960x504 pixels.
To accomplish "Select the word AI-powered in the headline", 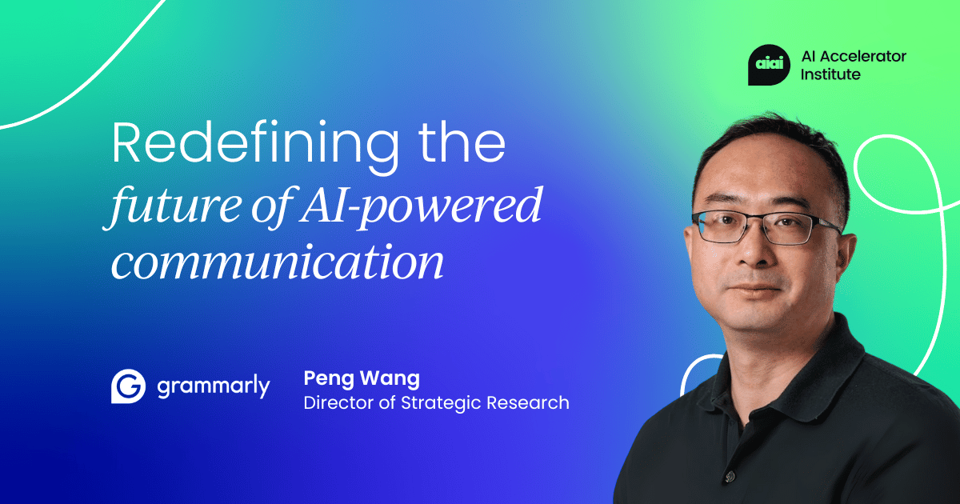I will pos(426,209).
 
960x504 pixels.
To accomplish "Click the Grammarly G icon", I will pos(128,386).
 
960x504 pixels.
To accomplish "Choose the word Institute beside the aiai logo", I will pos(830,74).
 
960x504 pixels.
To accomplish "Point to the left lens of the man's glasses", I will pos(724,226).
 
